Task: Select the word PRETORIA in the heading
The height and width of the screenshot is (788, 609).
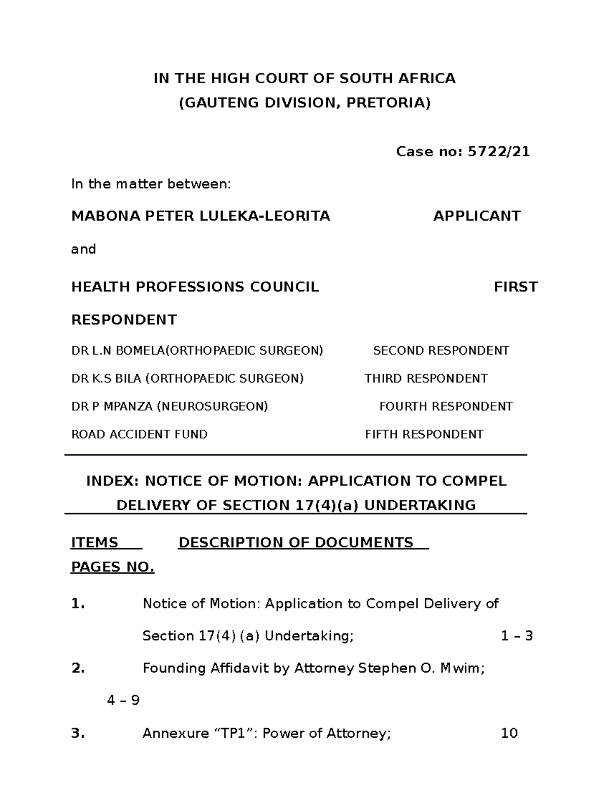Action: (x=388, y=103)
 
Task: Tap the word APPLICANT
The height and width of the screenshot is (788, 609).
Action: (x=477, y=216)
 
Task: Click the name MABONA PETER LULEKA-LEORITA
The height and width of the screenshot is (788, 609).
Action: (x=200, y=216)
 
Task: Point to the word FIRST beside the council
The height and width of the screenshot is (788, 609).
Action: (x=516, y=287)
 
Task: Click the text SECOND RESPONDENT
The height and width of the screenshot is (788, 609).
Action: (x=441, y=351)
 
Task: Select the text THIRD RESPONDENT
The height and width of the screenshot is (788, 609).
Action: (x=426, y=379)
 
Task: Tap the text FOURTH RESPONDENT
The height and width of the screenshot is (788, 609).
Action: (x=446, y=407)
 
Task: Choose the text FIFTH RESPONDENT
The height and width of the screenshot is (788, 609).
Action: (x=424, y=435)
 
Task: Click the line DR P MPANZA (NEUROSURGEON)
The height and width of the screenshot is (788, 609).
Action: (x=170, y=407)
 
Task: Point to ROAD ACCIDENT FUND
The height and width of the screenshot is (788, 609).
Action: (x=140, y=435)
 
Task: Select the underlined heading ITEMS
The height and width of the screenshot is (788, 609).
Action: (x=94, y=543)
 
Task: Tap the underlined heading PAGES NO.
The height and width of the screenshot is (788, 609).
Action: (x=112, y=567)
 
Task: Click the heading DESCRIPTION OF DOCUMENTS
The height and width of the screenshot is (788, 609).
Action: (x=296, y=543)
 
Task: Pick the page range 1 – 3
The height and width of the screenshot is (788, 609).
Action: (x=516, y=636)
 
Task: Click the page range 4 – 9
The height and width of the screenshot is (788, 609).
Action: (x=123, y=701)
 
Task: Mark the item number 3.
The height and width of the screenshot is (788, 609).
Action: (x=78, y=733)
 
